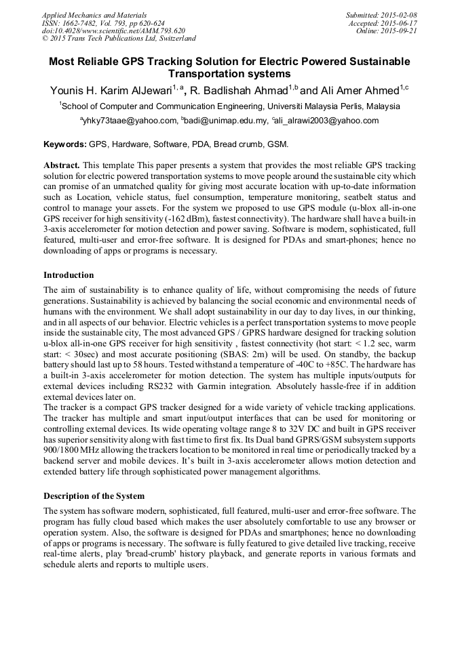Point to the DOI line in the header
pyautogui.click(x=113, y=31)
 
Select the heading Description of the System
pyautogui.click(x=94, y=495)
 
